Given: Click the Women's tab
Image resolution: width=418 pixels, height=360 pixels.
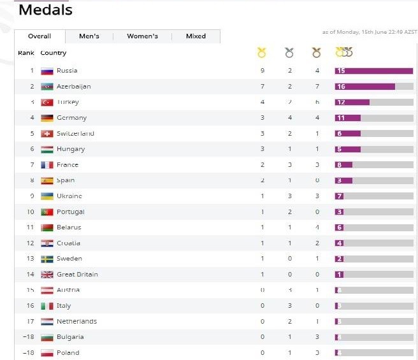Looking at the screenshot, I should point(142,36).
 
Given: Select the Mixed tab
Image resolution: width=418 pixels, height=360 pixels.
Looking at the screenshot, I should point(196,36).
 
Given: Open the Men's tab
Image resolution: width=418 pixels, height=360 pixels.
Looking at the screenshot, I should point(89,36).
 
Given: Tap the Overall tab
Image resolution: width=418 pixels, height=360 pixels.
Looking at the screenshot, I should point(40,36).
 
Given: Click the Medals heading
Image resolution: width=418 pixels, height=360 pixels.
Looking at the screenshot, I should point(45,10).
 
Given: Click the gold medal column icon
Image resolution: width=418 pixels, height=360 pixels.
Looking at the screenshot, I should point(261,53).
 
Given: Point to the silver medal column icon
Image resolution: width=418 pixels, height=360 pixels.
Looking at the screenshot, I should point(289,53).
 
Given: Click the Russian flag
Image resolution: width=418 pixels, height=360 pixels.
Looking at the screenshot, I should point(47,71).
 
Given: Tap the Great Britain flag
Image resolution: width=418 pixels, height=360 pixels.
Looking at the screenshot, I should point(47,275).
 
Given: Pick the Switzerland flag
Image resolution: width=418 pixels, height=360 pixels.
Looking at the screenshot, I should point(47,134).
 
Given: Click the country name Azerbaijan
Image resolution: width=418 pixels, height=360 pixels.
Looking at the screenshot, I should point(74,87).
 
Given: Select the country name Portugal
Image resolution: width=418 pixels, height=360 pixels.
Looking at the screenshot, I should point(70,212).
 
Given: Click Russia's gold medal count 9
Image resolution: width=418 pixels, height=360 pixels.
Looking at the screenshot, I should point(262,71).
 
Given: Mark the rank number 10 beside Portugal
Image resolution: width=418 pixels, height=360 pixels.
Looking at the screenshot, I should point(31,212).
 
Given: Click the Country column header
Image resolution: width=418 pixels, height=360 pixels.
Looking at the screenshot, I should point(54,53).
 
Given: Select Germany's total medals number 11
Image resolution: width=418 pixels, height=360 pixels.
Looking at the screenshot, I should point(341,118).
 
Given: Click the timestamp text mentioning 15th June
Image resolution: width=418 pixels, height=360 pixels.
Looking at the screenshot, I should point(369,32).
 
